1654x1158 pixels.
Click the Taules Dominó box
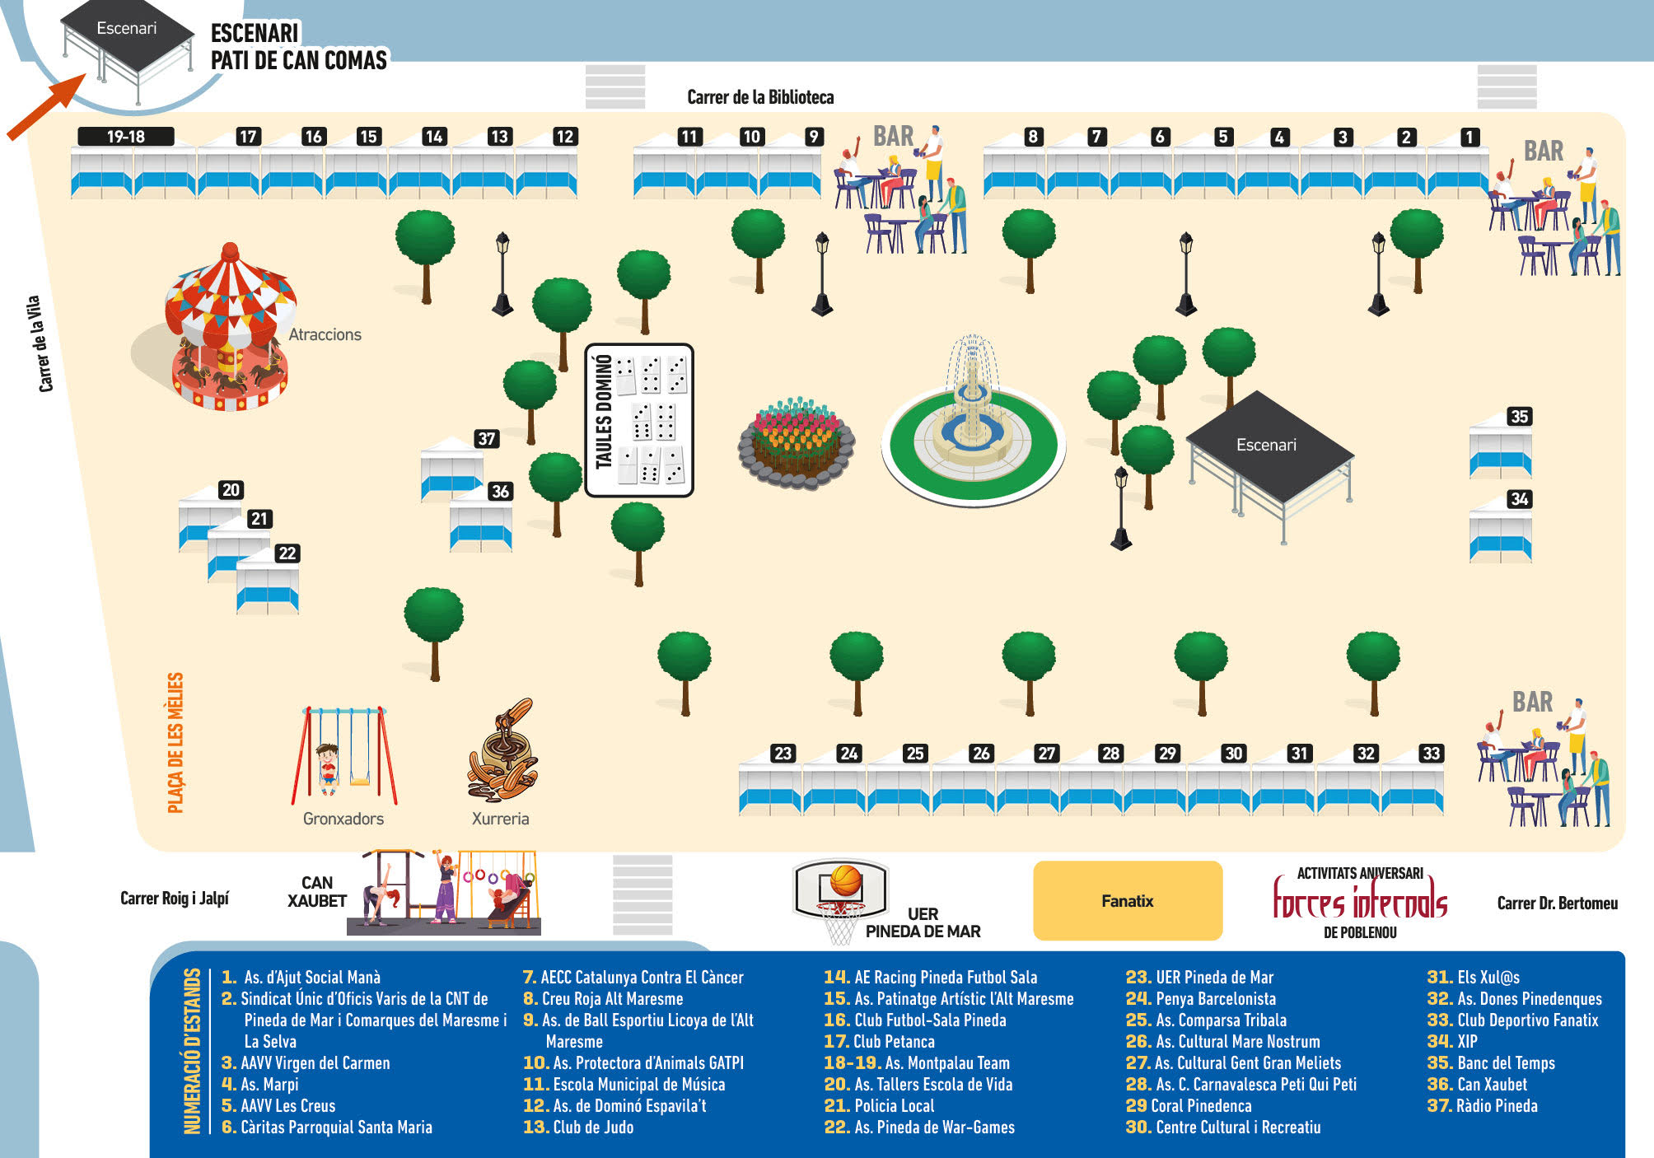pyautogui.click(x=639, y=420)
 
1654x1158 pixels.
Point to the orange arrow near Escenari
pyautogui.click(x=47, y=106)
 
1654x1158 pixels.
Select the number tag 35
pyautogui.click(x=1519, y=417)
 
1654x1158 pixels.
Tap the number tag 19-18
pyautogui.click(x=126, y=137)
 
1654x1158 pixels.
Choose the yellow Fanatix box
pyautogui.click(x=1128, y=901)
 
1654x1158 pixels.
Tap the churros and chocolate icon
pyautogui.click(x=502, y=750)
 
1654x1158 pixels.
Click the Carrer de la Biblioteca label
pyautogui.click(x=760, y=97)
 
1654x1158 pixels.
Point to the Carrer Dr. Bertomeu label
pyautogui.click(x=1557, y=904)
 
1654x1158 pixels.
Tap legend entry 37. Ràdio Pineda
pyautogui.click(x=1482, y=1106)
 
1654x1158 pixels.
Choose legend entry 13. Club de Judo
pyautogui.click(x=578, y=1128)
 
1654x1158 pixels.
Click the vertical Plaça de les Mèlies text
pyautogui.click(x=175, y=743)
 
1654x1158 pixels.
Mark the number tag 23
pyautogui.click(x=783, y=753)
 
